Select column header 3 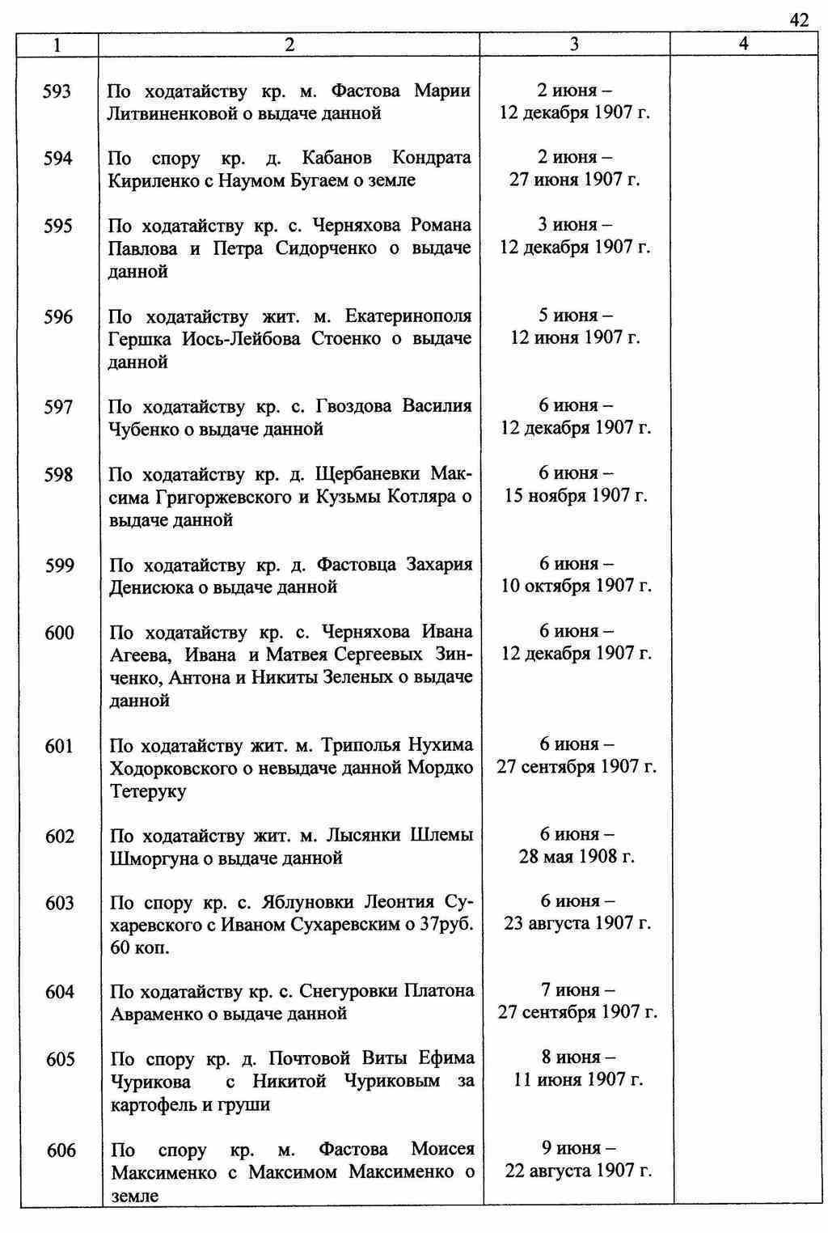[574, 45]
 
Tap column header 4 [743, 45]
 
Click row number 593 [57, 91]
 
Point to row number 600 [59, 633]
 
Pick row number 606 [61, 1150]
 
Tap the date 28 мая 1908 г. [577, 857]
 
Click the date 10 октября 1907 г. [576, 586]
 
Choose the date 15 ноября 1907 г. [576, 495]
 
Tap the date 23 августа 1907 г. [577, 923]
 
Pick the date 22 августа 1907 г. [577, 1171]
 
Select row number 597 [58, 407]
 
